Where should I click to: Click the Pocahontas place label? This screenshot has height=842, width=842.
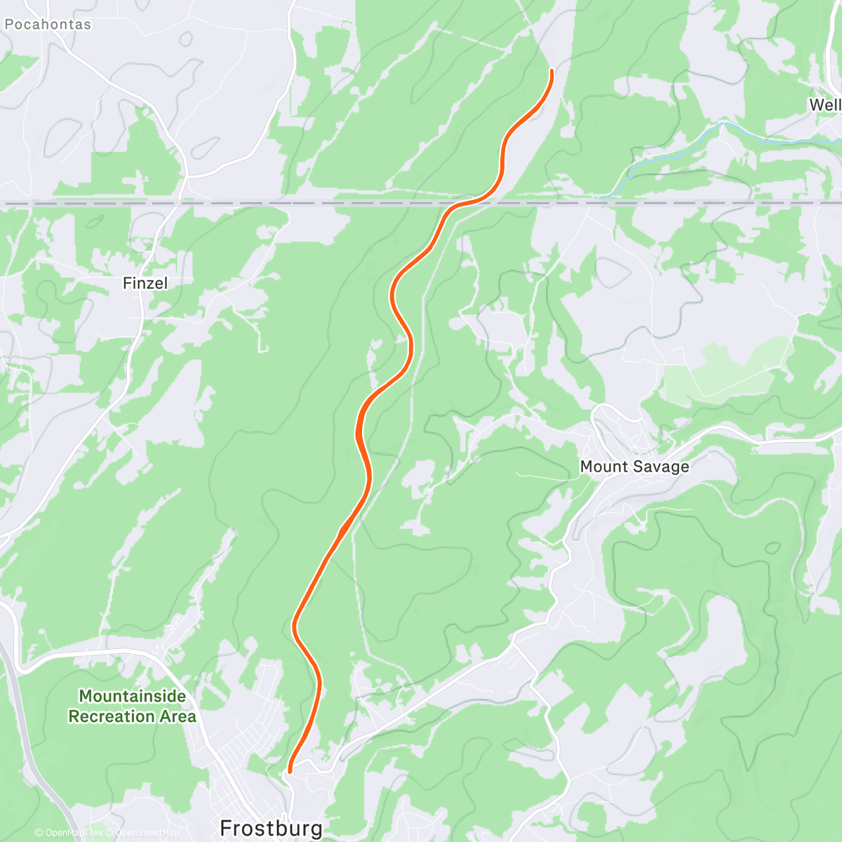[x=48, y=25]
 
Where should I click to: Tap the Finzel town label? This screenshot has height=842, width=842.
[x=145, y=283]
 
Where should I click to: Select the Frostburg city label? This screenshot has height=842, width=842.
[x=271, y=828]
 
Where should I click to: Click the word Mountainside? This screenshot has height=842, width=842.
[x=132, y=696]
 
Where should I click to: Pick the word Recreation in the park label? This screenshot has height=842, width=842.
[x=112, y=716]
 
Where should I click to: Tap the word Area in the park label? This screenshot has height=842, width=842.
[x=178, y=716]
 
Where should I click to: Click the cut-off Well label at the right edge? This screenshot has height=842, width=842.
[x=825, y=105]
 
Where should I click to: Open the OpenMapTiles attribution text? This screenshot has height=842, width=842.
[x=73, y=834]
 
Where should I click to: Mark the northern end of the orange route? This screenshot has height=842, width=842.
[x=552, y=71]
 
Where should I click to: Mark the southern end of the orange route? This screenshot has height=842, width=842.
[x=290, y=771]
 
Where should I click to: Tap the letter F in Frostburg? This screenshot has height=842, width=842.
[x=227, y=828]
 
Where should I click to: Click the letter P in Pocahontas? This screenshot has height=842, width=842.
[x=9, y=25]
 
